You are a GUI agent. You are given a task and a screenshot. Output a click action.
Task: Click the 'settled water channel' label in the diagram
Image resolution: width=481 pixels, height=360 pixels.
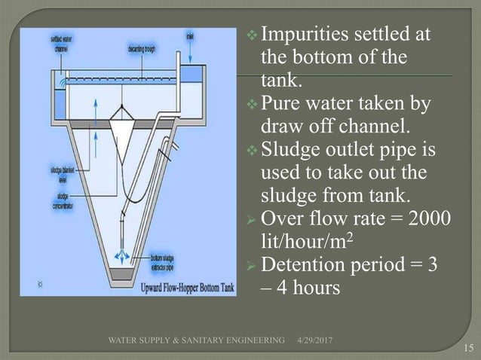point(62,42)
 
